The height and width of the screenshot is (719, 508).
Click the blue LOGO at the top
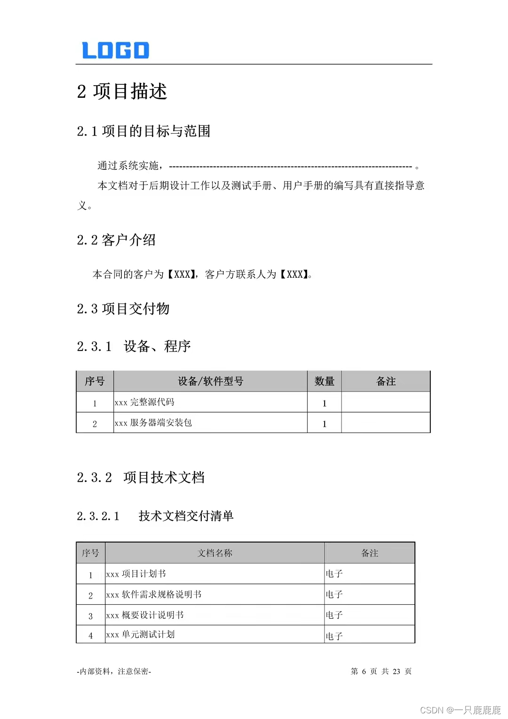(x=116, y=50)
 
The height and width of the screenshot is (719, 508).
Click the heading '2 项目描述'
(x=122, y=91)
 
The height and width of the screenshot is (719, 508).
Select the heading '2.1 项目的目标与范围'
(x=143, y=131)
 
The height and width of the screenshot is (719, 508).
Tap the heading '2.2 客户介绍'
(x=116, y=240)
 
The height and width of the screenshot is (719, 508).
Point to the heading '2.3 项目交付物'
(x=123, y=309)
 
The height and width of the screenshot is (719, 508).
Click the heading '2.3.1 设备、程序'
(x=134, y=346)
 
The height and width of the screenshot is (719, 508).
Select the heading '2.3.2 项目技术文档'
(x=141, y=478)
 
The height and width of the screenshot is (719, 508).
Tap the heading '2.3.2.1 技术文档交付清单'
(x=155, y=516)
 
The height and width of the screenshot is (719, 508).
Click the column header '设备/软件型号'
(x=210, y=381)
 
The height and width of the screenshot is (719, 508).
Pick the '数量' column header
(x=324, y=381)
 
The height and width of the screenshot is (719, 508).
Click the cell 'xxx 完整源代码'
(x=144, y=402)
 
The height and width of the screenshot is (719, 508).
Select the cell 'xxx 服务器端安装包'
(x=153, y=423)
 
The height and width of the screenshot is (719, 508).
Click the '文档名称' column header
(x=214, y=553)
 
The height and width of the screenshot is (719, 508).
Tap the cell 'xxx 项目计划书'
(x=136, y=574)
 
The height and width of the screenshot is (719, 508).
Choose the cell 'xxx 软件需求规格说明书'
(x=154, y=594)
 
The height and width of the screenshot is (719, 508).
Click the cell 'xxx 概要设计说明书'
(x=145, y=615)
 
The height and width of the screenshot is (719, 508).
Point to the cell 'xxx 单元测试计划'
(x=140, y=634)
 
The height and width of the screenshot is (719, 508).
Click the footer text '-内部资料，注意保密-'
(x=114, y=671)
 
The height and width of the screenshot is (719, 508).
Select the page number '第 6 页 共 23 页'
(x=381, y=671)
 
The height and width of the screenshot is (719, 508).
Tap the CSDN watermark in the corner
(x=460, y=710)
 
